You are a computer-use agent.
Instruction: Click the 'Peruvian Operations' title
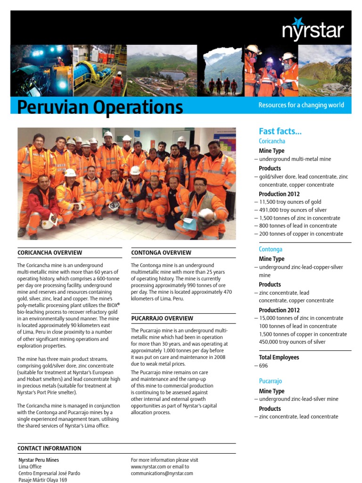click(x=100, y=107)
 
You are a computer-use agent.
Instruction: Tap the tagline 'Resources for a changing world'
click(x=301, y=105)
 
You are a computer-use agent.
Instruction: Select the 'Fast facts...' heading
click(x=280, y=131)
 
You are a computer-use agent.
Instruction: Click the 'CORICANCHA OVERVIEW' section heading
click(x=49, y=253)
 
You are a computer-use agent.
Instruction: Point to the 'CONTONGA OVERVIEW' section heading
click(x=161, y=253)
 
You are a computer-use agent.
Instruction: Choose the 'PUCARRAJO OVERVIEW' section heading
click(x=162, y=318)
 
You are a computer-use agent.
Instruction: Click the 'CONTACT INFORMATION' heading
click(x=49, y=448)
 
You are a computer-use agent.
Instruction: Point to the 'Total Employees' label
click(x=279, y=358)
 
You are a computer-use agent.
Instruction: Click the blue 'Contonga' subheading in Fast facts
click(x=271, y=249)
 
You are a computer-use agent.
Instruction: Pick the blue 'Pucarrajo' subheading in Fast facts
click(x=271, y=381)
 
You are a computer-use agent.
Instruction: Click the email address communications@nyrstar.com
click(x=162, y=473)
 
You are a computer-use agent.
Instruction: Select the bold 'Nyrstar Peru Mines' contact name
click(x=39, y=460)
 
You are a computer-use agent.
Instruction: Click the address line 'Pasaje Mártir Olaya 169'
click(x=42, y=480)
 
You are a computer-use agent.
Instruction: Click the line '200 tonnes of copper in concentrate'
click(x=301, y=234)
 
